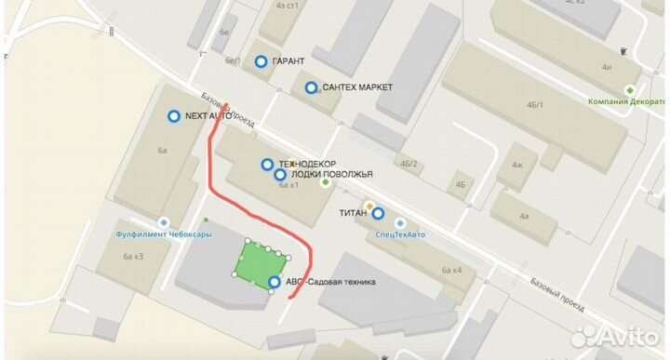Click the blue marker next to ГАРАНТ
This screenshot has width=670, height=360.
click(x=261, y=61)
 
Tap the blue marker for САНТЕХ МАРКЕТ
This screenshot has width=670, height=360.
click(x=311, y=87)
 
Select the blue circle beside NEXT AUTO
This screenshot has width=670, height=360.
click(x=173, y=116)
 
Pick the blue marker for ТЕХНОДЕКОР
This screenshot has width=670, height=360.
click(x=267, y=164)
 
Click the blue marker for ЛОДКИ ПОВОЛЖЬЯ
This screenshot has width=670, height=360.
click(x=279, y=174)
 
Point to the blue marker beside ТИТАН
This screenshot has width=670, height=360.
click(x=378, y=213)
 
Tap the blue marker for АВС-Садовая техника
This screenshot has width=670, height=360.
click(x=275, y=282)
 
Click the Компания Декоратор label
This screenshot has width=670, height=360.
click(x=629, y=101)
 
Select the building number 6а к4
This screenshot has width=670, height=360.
click(x=452, y=271)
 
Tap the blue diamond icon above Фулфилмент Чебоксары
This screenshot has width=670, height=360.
click(x=164, y=222)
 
